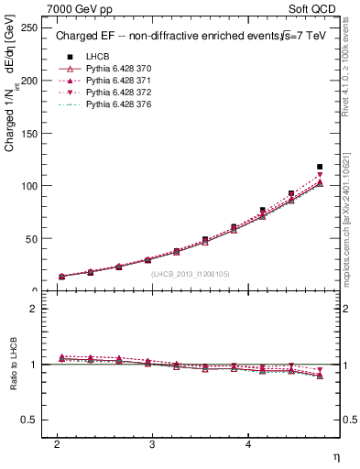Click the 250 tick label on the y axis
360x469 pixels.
click(29, 28)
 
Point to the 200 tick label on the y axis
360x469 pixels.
click(29, 81)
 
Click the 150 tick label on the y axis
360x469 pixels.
click(29, 134)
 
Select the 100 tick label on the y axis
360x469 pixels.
click(29, 186)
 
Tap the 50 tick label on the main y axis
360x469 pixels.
click(32, 238)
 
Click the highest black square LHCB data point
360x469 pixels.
click(320, 167)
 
